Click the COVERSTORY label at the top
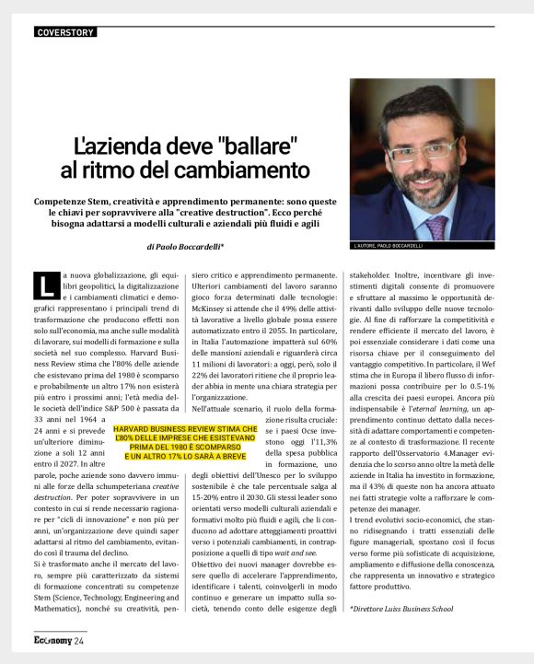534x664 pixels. (x=64, y=32)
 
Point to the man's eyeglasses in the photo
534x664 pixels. (x=421, y=146)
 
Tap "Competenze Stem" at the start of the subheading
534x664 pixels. (x=73, y=200)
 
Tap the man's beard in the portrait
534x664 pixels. (x=429, y=183)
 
